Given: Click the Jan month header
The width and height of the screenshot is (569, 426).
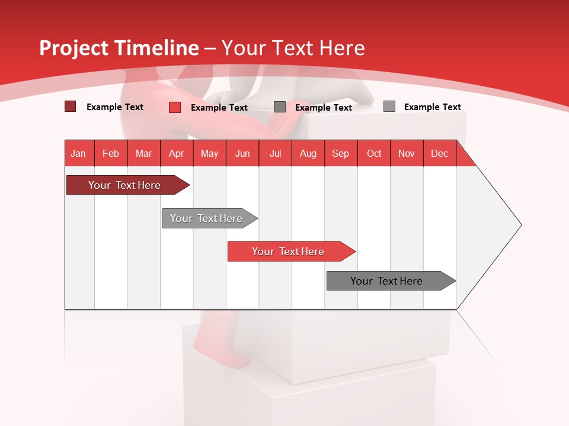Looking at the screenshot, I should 79,153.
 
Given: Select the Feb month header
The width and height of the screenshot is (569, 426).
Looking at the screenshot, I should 111,153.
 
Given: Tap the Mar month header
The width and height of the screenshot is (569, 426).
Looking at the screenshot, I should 143,153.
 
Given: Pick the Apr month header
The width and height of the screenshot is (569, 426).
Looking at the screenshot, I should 177,153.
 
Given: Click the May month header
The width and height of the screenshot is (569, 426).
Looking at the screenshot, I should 209,153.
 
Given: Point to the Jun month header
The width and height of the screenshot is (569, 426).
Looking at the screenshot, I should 242,153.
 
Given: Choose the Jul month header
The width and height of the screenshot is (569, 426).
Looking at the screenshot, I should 275,153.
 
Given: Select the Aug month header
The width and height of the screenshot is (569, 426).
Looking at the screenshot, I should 308,153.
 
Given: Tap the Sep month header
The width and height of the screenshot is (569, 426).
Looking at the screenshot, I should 341,153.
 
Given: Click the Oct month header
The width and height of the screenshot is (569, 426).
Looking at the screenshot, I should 374,153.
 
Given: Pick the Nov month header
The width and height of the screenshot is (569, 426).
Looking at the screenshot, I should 407,153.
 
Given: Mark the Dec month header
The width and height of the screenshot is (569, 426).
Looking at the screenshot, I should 440,153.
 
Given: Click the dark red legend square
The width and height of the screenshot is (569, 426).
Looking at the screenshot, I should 70,106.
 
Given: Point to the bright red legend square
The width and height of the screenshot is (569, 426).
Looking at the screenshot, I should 174,107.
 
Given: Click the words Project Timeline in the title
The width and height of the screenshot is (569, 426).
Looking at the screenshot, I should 119,48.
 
